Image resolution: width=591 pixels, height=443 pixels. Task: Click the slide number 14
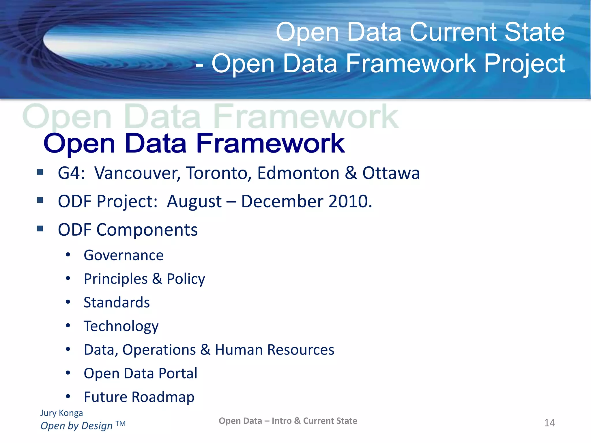pyautogui.click(x=549, y=423)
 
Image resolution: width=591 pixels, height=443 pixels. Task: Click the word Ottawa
pyautogui.click(x=391, y=173)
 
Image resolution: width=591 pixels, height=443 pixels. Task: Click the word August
pyautogui.click(x=194, y=202)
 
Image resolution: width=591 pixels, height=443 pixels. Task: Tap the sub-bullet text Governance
pyautogui.click(x=124, y=255)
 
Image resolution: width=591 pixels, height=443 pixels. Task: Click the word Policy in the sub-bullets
pyautogui.click(x=186, y=279)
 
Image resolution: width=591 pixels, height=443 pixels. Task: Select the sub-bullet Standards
pyautogui.click(x=117, y=303)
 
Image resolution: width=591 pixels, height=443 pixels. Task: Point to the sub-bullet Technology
pyautogui.click(x=121, y=326)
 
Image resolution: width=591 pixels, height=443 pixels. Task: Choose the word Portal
pyautogui.click(x=178, y=373)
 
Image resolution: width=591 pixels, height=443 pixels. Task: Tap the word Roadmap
pyautogui.click(x=163, y=397)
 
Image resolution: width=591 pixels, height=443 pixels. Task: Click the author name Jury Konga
pyautogui.click(x=61, y=413)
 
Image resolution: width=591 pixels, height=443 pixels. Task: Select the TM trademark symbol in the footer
pyautogui.click(x=121, y=424)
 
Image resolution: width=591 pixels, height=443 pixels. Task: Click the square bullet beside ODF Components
pyautogui.click(x=40, y=229)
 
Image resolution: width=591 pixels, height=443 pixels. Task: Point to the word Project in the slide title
pyautogui.click(x=524, y=64)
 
